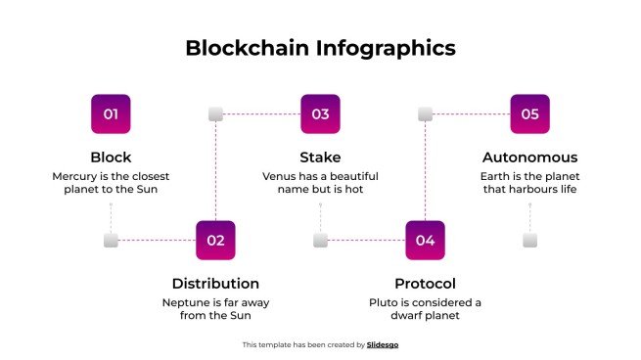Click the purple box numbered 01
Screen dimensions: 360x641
111,113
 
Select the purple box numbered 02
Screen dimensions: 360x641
215,240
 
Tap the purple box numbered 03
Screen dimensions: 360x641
320,113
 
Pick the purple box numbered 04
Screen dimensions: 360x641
425,240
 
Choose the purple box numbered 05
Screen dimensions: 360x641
529,113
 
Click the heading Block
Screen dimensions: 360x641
111,157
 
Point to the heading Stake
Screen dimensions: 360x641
320,157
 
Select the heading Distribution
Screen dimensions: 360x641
215,284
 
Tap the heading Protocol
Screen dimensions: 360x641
425,284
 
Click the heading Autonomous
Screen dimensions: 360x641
529,157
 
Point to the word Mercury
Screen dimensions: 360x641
75,176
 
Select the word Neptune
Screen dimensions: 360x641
185,302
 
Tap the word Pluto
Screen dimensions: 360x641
386,302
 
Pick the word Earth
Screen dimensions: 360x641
495,176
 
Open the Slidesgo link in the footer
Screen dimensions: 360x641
383,344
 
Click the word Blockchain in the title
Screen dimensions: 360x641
249,48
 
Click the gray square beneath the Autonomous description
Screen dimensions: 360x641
529,240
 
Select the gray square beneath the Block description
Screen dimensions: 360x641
111,240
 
